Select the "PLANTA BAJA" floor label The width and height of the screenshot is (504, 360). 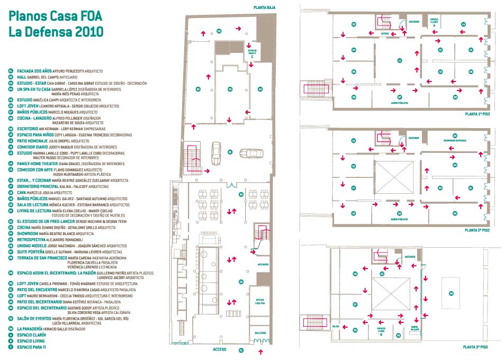coord(264,7)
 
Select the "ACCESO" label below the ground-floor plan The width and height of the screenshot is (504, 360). coord(220,350)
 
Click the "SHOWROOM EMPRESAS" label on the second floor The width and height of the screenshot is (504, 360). coord(455,141)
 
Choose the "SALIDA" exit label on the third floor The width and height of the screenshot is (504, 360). coord(336,327)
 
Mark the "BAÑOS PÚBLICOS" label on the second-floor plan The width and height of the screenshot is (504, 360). coord(399,219)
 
